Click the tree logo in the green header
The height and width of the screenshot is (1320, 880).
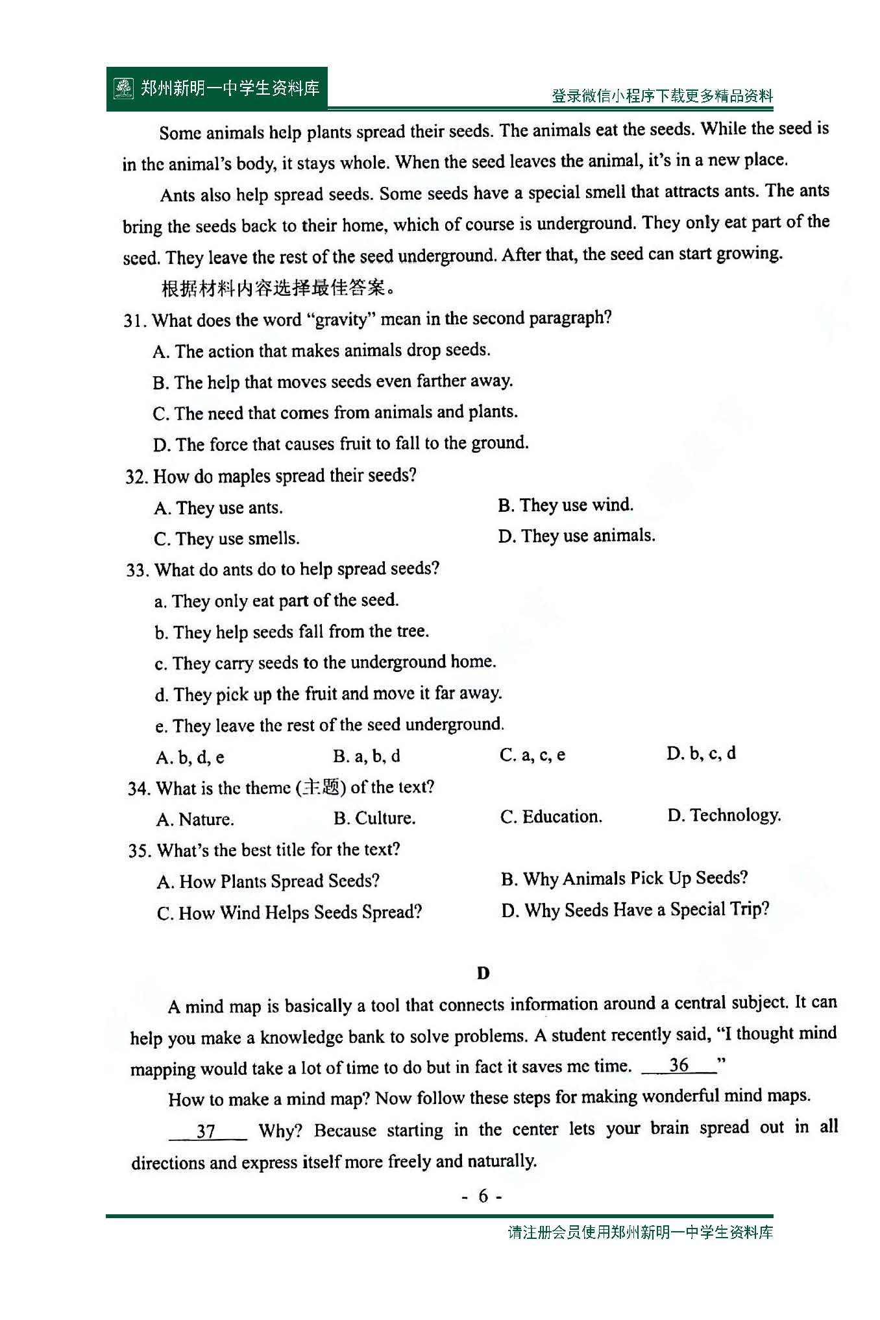click(123, 88)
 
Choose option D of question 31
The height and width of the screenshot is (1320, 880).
click(341, 444)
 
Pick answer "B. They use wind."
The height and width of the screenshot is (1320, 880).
click(565, 505)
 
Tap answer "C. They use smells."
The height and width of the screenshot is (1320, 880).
click(226, 539)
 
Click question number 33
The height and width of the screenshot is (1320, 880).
click(137, 570)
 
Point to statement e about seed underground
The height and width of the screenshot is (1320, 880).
click(329, 725)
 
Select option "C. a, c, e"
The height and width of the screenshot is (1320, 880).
click(532, 755)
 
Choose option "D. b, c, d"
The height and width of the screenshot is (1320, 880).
click(701, 754)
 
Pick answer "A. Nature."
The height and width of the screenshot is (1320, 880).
click(195, 819)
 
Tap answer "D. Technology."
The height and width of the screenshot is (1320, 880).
click(724, 815)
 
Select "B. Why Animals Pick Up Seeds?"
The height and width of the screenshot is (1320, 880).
click(624, 879)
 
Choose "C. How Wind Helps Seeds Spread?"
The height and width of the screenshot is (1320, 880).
click(289, 913)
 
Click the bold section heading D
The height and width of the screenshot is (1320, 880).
click(483, 973)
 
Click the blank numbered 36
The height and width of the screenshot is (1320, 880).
click(679, 1065)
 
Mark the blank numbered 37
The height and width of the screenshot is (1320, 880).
click(207, 1131)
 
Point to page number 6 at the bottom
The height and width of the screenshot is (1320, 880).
click(482, 1196)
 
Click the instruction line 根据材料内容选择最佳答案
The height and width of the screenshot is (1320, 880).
click(278, 288)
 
